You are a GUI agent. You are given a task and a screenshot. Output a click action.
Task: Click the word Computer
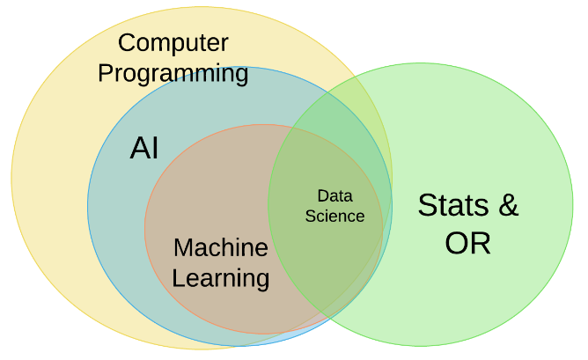click(x=173, y=42)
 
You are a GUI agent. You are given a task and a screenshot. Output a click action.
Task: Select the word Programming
click(x=173, y=73)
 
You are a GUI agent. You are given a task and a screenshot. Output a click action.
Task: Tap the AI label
click(x=144, y=149)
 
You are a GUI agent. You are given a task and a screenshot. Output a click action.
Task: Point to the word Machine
click(x=220, y=247)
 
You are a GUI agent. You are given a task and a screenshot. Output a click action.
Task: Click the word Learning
click(x=220, y=278)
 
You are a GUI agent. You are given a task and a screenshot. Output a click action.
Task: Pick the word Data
click(x=334, y=195)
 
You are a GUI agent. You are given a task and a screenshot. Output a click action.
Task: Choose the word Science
click(x=334, y=216)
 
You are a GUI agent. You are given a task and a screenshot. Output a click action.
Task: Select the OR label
click(x=467, y=243)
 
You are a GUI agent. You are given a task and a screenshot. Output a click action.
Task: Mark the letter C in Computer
click(x=127, y=42)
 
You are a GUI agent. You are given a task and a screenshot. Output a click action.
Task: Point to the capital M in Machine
click(x=184, y=247)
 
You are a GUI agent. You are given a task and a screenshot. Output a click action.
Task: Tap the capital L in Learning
click(x=179, y=278)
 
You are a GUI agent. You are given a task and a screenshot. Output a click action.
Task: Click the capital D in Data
click(x=322, y=195)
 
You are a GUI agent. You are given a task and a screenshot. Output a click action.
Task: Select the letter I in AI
click(x=155, y=149)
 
